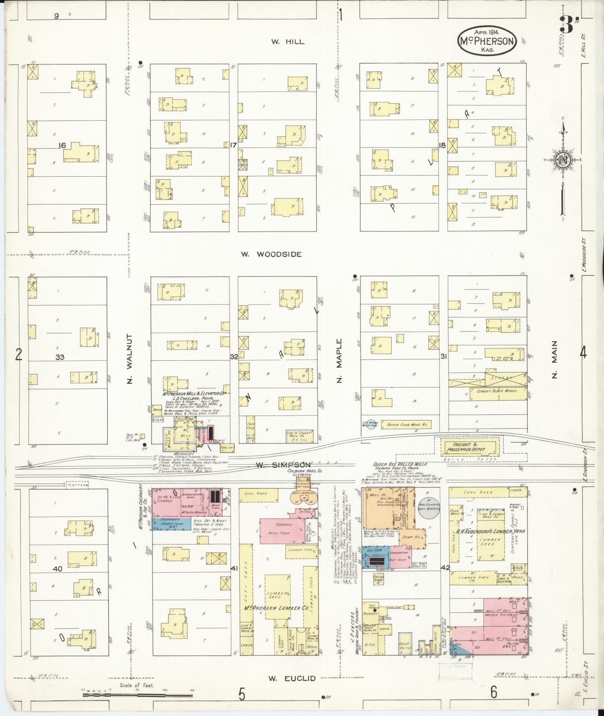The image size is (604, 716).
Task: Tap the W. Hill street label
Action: tap(288, 42)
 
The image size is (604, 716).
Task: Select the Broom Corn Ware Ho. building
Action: tap(404, 425)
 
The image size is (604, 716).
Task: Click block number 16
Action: tap(62, 145)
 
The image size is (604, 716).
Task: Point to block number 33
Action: tap(60, 357)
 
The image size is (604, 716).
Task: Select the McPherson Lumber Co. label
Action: tap(276, 609)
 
